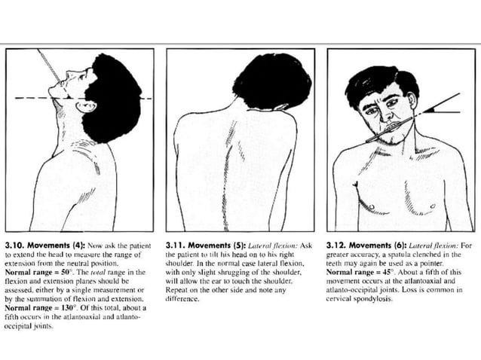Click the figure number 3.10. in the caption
16,245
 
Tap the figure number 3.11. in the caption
176,245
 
